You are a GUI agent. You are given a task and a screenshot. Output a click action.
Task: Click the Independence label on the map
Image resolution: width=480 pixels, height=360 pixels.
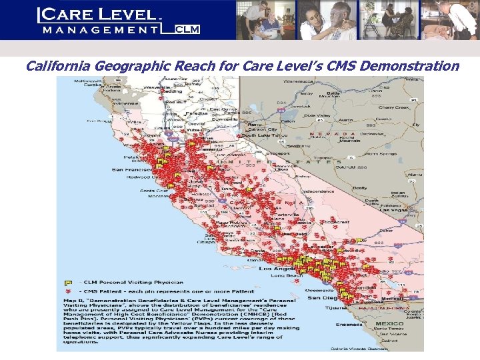pos(319,192)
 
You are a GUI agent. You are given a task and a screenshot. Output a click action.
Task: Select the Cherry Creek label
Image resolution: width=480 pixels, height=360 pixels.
pos(393,107)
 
